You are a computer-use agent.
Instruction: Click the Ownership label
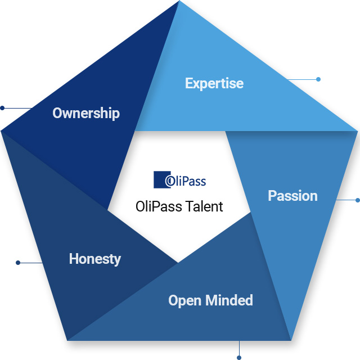pos(86,113)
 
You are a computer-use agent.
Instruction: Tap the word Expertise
pos(214,83)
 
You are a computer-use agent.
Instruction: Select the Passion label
pos(292,196)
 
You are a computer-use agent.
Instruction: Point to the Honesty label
pos(94,259)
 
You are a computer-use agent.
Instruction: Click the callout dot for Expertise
pos(318,79)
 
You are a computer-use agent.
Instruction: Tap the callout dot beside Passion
pos(357,200)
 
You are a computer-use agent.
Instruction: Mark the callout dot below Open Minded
pos(239,357)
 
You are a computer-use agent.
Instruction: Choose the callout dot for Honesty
pos(18,262)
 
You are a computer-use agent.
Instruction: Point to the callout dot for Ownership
pos(2,107)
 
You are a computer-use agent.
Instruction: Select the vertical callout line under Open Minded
pos(239,348)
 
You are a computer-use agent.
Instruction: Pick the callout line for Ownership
pos(17,107)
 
